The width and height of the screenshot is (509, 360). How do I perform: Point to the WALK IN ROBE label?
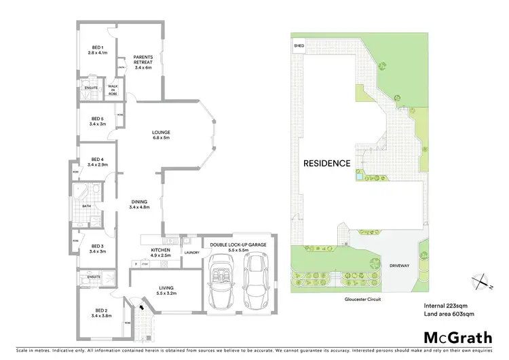[113, 89]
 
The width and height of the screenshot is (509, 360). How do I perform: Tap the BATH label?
[86, 206]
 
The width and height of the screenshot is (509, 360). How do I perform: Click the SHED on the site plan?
[299, 46]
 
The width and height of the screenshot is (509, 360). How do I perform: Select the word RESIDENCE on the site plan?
[326, 163]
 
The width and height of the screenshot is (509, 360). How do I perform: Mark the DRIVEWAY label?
[399, 266]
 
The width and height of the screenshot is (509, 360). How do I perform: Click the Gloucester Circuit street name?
[360, 298]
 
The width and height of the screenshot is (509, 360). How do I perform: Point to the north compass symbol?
[480, 279]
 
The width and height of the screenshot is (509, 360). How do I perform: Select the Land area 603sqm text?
[448, 313]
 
